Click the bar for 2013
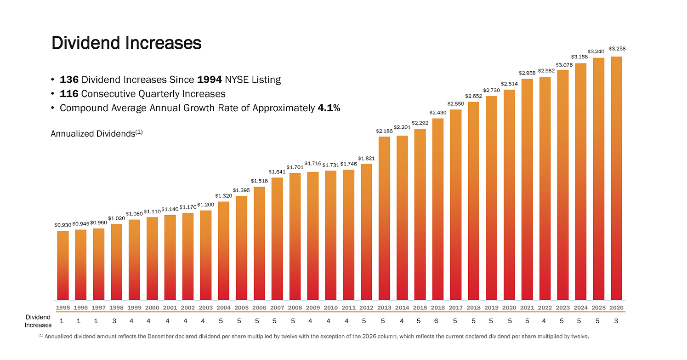384,218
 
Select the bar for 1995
63,265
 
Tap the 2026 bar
616,178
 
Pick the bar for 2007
277,239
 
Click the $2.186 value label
384,131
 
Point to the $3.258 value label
617,48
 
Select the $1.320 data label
224,196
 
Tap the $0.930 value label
63,225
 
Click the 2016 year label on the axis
438,308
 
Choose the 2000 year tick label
152,308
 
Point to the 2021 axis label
527,308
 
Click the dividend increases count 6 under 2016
436,321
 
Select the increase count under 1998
114,321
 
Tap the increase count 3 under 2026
616,321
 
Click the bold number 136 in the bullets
69,80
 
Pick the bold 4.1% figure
329,108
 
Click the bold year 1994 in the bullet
210,80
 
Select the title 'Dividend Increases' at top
126,43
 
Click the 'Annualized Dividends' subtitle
97,133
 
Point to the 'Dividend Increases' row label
38,321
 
